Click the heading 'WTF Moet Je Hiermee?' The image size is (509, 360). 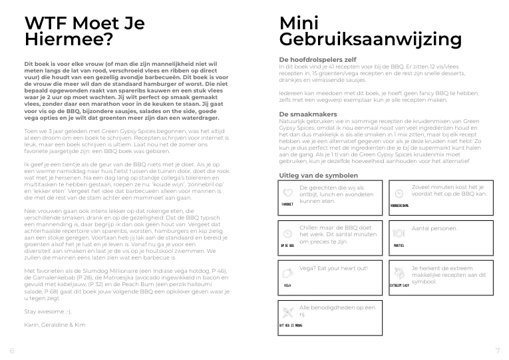[83, 31]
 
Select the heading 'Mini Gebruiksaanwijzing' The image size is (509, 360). [370, 31]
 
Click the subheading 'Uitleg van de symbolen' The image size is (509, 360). [318, 176]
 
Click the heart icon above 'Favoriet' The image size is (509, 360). [287, 191]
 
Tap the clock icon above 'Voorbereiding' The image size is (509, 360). [399, 192]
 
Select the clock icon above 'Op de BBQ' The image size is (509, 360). [287, 234]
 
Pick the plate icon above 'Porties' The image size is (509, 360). [399, 234]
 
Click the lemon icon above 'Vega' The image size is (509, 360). [287, 273]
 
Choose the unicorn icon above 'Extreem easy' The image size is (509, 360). [399, 273]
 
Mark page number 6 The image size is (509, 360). [11, 350]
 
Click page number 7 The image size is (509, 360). [497, 350]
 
